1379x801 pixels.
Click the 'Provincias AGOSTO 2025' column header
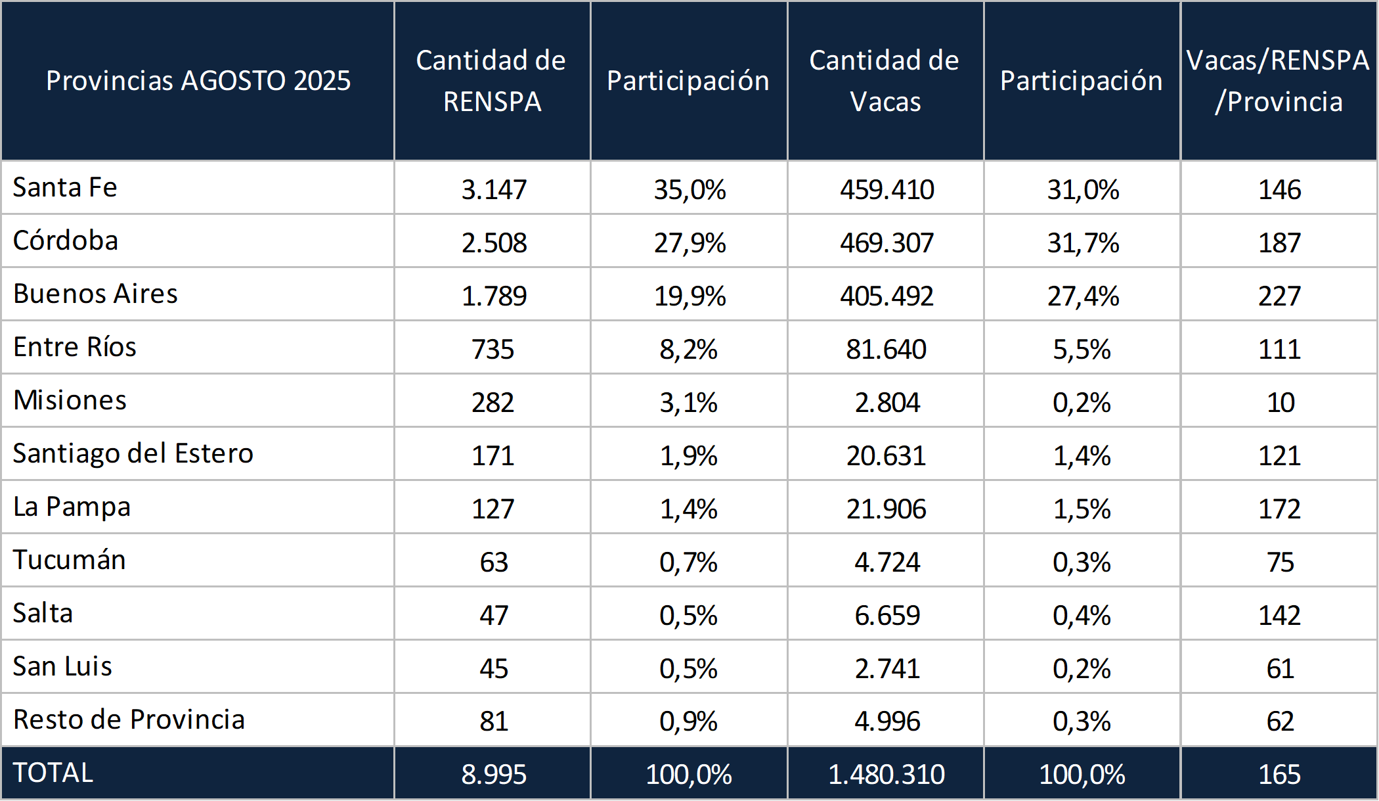[x=198, y=81]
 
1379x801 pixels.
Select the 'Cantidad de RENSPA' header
[x=491, y=81]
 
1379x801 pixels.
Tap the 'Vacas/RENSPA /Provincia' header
[x=1278, y=81]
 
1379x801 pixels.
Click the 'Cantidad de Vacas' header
[x=885, y=81]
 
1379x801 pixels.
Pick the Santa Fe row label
[x=65, y=188]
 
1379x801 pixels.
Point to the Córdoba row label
[x=66, y=240]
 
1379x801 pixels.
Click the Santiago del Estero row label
[x=133, y=454]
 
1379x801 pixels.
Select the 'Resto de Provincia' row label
[x=129, y=720]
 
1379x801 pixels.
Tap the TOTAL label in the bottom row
[x=53, y=773]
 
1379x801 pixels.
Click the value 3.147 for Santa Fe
[x=494, y=190]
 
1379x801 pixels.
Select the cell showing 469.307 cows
[x=886, y=243]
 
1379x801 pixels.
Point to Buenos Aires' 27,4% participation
[x=1083, y=296]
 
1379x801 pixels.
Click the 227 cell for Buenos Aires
[x=1279, y=296]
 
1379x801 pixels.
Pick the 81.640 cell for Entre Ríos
[x=886, y=350]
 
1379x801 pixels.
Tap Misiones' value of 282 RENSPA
[x=493, y=403]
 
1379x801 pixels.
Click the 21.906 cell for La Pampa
[x=886, y=509]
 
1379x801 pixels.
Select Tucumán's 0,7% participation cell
[x=689, y=562]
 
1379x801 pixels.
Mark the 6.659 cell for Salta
[x=887, y=616]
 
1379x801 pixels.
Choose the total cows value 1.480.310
[x=886, y=775]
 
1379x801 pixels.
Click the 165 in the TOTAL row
[x=1279, y=775]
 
